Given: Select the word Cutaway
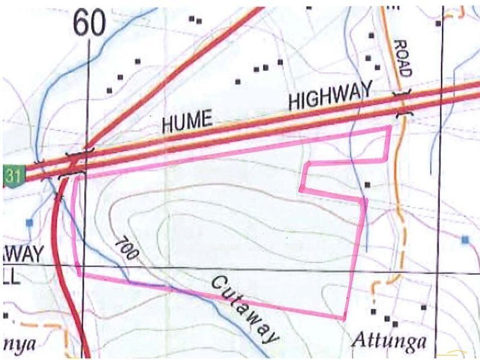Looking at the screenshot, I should click(245, 310).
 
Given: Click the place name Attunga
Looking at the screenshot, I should click(389, 342).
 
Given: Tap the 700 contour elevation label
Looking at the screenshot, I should click(126, 249).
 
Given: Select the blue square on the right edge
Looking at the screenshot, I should click(465, 240).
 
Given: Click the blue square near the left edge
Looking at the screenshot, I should click(28, 223).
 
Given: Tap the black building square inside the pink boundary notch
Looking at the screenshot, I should click(367, 184).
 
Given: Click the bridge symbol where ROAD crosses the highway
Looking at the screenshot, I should click(401, 103).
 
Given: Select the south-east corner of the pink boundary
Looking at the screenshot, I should click(344, 319).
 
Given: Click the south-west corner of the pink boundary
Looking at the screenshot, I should click(80, 274).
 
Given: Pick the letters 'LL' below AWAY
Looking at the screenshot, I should click(12, 277).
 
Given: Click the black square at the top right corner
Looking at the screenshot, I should click(439, 23).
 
